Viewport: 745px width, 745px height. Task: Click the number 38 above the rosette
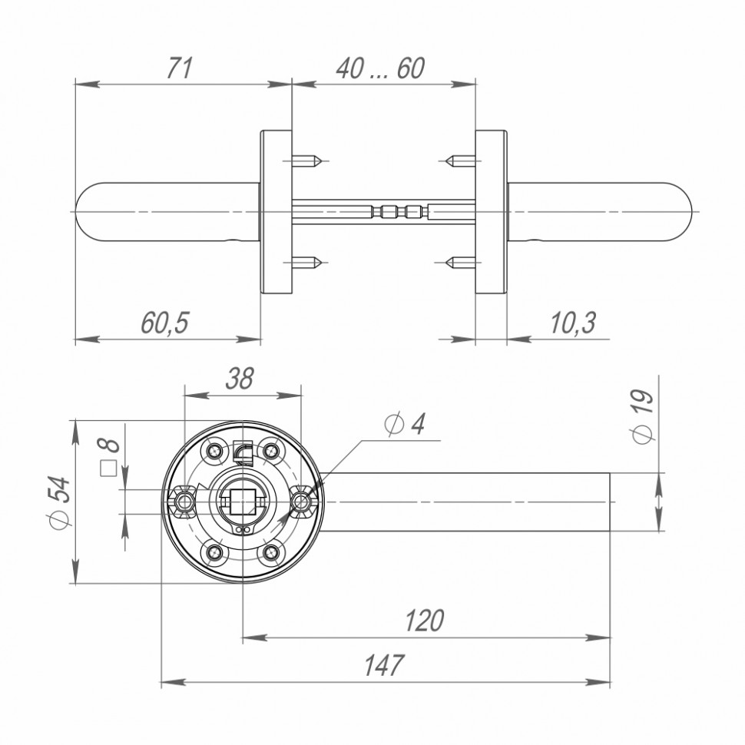pos(240,379)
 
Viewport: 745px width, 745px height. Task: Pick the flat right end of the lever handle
pos(609,502)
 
